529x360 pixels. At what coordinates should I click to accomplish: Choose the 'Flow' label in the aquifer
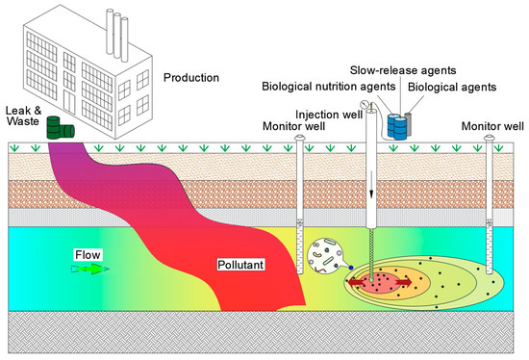click(x=88, y=255)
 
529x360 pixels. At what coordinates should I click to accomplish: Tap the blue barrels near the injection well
click(x=394, y=124)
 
